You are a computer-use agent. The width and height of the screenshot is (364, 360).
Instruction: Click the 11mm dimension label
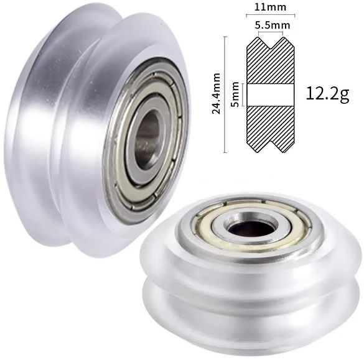[x=270, y=7]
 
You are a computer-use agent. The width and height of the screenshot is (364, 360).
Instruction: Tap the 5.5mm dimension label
[x=273, y=25]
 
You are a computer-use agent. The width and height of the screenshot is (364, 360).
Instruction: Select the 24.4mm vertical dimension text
[x=217, y=93]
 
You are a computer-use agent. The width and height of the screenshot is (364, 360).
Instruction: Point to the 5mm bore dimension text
[x=235, y=94]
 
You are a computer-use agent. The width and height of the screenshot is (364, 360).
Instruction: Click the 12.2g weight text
[x=327, y=94]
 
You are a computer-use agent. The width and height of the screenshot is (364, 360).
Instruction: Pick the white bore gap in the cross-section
[x=271, y=95]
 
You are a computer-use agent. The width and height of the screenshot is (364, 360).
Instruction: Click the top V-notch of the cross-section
[x=271, y=42]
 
